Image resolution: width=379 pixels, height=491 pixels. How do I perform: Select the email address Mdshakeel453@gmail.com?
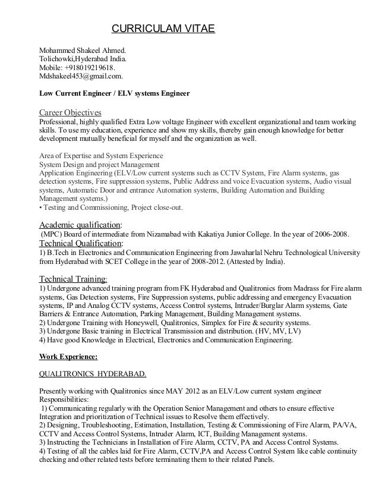(81, 77)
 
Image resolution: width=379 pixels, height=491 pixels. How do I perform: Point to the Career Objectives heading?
(70, 112)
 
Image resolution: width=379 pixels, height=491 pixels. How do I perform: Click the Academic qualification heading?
(80, 225)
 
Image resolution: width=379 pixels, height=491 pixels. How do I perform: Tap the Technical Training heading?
(74, 278)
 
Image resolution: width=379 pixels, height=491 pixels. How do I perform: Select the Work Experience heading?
(68, 357)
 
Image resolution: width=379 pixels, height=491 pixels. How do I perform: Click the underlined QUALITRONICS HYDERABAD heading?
(93, 375)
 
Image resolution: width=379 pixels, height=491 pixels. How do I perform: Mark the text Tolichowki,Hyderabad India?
(82, 59)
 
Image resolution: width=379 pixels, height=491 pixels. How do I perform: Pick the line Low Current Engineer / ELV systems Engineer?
(114, 93)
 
